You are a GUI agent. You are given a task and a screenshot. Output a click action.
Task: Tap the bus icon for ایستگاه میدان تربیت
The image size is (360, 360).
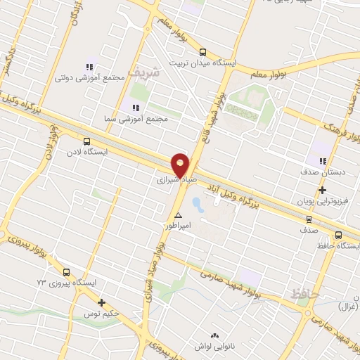click(203, 52)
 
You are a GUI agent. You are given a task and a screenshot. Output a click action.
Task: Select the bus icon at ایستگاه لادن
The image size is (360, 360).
click(86, 141)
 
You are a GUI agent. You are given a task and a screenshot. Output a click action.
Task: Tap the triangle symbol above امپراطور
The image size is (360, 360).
click(179, 215)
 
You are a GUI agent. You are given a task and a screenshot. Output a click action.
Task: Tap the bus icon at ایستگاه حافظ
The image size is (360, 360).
click(338, 236)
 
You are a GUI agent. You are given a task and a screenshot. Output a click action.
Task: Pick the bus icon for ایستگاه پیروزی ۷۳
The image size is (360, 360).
click(66, 272)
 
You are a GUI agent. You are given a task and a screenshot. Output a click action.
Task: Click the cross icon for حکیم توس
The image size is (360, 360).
click(102, 303)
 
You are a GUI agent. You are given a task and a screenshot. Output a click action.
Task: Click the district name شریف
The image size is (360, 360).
click(167, 72)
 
